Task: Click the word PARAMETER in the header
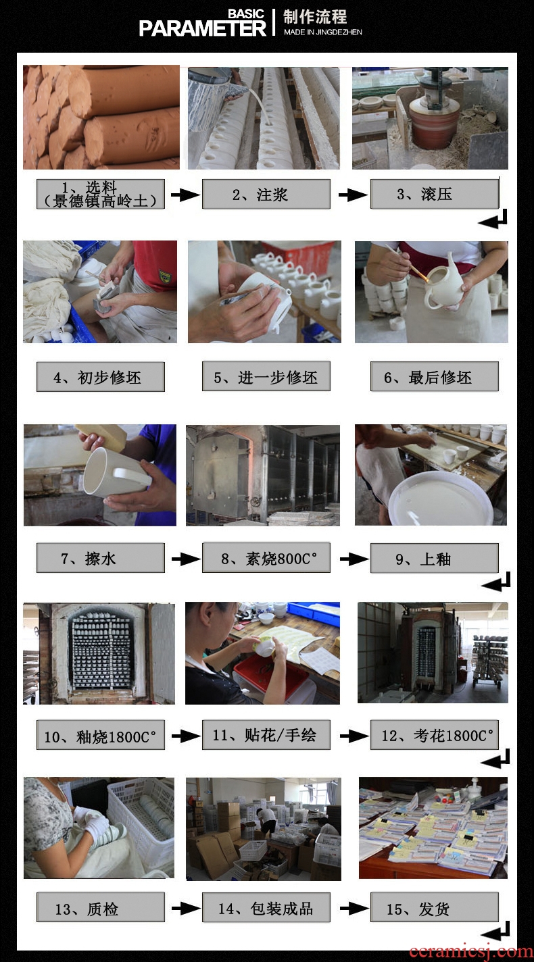click(x=202, y=28)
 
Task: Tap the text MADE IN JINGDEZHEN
click(x=322, y=32)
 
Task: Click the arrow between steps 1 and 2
click(x=185, y=195)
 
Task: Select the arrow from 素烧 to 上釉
click(x=354, y=559)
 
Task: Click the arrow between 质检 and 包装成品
click(x=186, y=909)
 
